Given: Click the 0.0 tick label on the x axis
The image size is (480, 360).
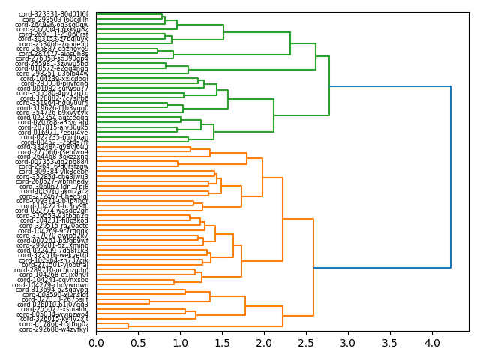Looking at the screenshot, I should pos(96,343).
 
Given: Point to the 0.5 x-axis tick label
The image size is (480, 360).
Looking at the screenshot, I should pos(138,343).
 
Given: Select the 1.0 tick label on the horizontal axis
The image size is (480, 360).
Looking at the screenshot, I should pos(180,343).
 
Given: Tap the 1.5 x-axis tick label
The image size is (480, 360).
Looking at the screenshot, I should pos(222,343).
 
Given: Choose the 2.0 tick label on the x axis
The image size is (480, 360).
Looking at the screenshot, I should pos(264,343).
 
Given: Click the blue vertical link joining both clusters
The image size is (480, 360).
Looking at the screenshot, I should pos(451,176).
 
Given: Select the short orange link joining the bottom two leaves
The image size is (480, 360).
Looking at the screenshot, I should pos(128,325).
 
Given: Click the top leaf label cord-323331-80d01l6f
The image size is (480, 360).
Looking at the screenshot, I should pos(54,14).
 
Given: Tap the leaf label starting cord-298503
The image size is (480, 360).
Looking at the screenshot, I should pos(55,19).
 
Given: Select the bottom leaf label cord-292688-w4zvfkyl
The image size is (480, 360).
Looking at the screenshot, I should pos(54,329).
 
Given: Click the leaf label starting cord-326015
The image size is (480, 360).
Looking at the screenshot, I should pos(54,319).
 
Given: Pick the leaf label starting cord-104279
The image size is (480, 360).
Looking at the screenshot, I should pos(53,285).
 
